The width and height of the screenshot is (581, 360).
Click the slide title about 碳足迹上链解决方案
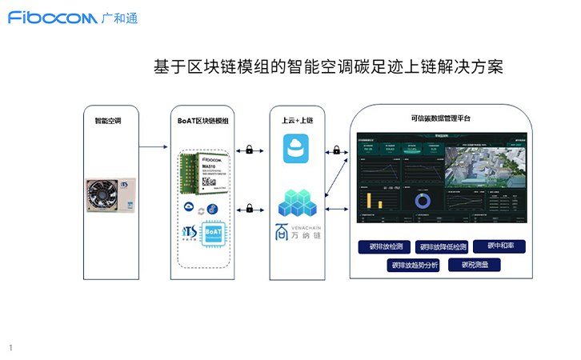(x=327, y=66)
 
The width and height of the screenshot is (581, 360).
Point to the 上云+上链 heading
(x=298, y=121)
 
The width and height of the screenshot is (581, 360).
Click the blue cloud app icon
(x=299, y=149)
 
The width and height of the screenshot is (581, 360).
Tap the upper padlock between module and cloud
(x=250, y=150)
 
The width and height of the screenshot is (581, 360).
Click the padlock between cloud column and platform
(x=337, y=150)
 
